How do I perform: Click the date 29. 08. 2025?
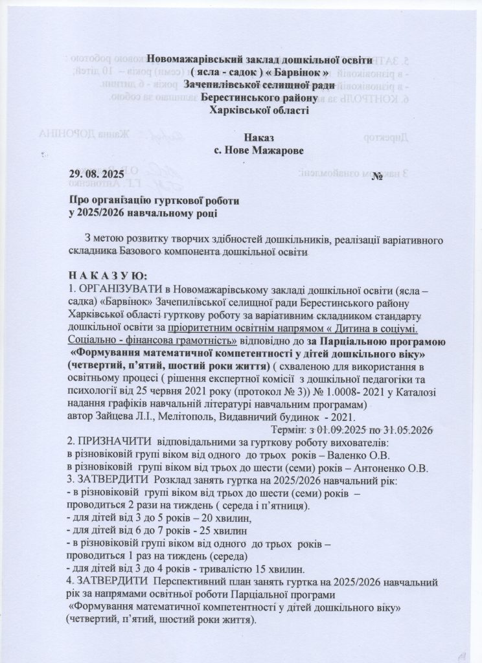coord(100,175)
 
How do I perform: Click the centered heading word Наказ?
coord(259,138)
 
